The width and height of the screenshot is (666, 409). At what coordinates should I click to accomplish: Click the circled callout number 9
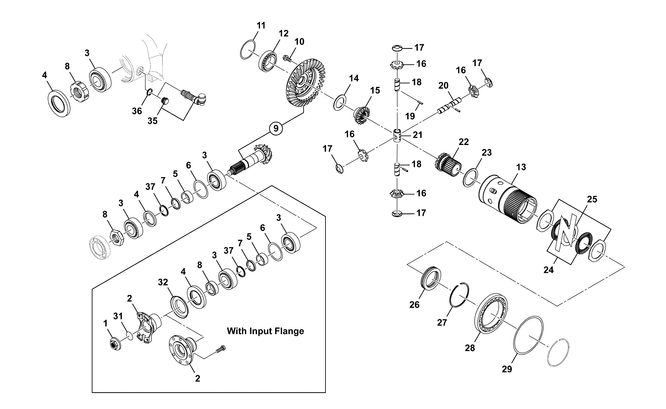[x=276, y=128]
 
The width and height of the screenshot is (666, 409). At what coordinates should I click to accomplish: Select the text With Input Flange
[x=265, y=331]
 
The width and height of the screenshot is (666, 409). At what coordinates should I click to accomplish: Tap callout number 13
[x=521, y=167]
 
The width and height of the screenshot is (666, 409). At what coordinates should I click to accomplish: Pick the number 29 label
[x=507, y=369]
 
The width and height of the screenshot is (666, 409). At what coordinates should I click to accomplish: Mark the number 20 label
[x=443, y=86]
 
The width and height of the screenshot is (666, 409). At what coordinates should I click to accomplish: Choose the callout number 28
[x=470, y=348]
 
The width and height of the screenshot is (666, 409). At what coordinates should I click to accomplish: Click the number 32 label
[x=163, y=282]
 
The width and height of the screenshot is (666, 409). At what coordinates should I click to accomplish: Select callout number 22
[x=464, y=142]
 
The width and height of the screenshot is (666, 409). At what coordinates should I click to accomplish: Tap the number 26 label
[x=414, y=305]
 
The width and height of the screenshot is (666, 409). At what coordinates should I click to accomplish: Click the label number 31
[x=118, y=316]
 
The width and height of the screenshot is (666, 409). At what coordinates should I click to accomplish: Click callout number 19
[x=410, y=116]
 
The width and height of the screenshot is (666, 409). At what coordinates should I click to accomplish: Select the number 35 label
[x=152, y=121]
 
